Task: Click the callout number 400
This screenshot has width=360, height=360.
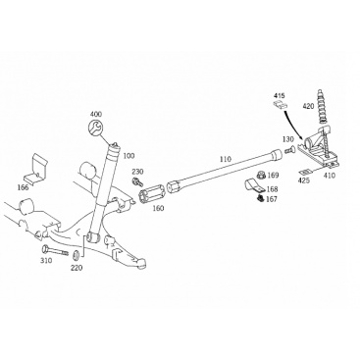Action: tap(96, 114)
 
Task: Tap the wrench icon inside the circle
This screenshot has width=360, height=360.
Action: tap(96, 128)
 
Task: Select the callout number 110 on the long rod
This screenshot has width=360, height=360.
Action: tap(225, 159)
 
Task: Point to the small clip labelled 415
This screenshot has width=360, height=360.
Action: tap(281, 105)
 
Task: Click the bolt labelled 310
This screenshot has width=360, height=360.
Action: tap(55, 251)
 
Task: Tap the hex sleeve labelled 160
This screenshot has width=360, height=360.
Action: tap(153, 195)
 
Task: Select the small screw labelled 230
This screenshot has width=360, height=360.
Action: tap(136, 180)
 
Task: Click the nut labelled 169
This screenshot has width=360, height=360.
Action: tap(261, 176)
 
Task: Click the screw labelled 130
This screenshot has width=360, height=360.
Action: tap(288, 150)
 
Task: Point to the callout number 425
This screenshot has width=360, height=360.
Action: tap(304, 180)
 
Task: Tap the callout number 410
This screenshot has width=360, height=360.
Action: tap(330, 176)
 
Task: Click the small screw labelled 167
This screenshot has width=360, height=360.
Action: tap(261, 197)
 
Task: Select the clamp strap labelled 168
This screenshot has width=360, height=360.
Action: tap(255, 186)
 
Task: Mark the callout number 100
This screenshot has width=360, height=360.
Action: tap(129, 156)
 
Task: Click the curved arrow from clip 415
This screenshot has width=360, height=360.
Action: tap(293, 126)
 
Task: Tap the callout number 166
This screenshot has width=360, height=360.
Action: tap(24, 187)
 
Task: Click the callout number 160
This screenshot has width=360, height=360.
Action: tap(158, 208)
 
